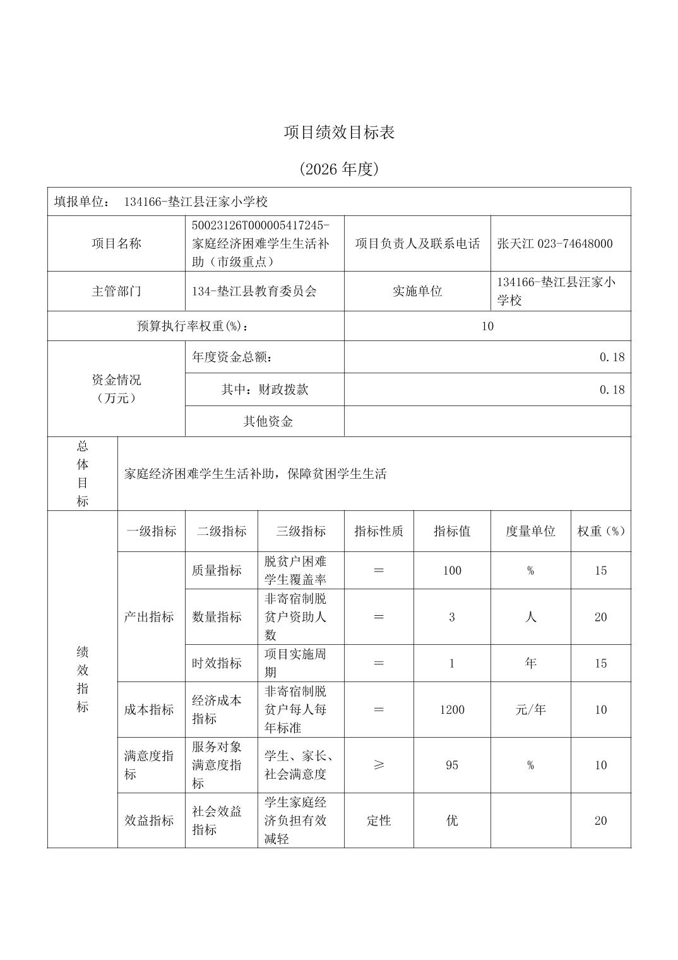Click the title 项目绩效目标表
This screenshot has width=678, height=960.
pyautogui.click(x=339, y=133)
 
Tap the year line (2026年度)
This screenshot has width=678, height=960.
pyautogui.click(x=339, y=169)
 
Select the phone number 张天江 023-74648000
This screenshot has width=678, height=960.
pyautogui.click(x=555, y=244)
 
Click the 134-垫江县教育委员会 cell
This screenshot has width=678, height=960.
pyautogui.click(x=254, y=291)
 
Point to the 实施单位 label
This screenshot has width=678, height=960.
pyautogui.click(x=417, y=291)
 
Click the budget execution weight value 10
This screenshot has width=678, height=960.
pyautogui.click(x=487, y=326)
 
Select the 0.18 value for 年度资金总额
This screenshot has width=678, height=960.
pyautogui.click(x=612, y=357)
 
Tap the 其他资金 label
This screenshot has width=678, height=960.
pyautogui.click(x=268, y=421)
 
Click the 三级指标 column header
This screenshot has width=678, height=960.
pyautogui.click(x=300, y=531)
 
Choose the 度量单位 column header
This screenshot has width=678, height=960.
pyautogui.click(x=530, y=531)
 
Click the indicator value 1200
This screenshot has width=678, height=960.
pyautogui.click(x=452, y=710)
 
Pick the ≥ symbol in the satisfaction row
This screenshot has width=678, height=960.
pyautogui.click(x=379, y=765)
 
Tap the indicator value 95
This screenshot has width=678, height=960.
pyautogui.click(x=452, y=765)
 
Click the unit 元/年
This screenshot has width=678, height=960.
pyautogui.click(x=530, y=710)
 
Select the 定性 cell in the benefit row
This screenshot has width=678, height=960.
pyautogui.click(x=379, y=820)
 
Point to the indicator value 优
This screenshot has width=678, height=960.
pyautogui.click(x=452, y=820)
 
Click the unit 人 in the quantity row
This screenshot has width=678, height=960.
pyautogui.click(x=530, y=617)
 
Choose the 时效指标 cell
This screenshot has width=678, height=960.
pyautogui.click(x=217, y=663)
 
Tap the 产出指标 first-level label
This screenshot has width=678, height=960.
pyautogui.click(x=149, y=617)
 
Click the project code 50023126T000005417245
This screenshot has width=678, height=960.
pyautogui.click(x=260, y=225)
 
